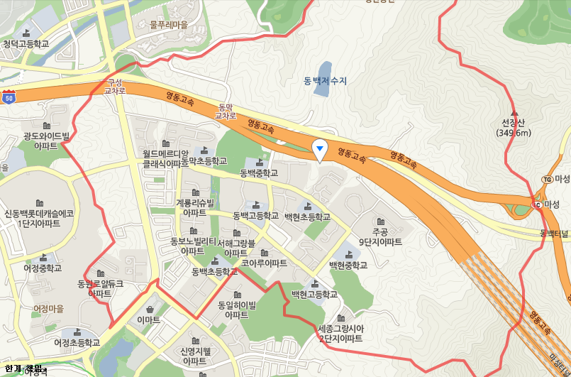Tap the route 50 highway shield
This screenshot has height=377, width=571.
[8, 98]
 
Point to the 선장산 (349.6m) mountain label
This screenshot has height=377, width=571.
[514, 128]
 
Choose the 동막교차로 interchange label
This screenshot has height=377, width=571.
[226, 111]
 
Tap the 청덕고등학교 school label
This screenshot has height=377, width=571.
[26, 44]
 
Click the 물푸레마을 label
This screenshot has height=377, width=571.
[168, 24]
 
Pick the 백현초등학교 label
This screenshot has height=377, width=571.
[307, 217]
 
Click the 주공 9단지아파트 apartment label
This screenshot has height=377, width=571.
[380, 237]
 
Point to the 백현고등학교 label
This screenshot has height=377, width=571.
[314, 294]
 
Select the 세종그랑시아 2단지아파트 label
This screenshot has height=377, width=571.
[340, 334]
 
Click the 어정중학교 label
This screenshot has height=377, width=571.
[43, 268]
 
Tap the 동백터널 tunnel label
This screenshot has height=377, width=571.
[555, 233]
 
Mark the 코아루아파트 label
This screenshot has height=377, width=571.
[264, 263]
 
